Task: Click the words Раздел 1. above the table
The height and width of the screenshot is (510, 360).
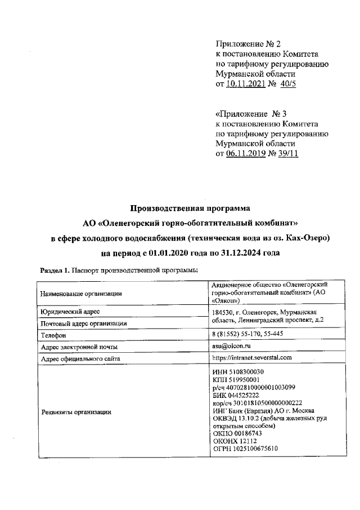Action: [54, 270]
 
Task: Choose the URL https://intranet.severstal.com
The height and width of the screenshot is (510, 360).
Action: [252, 357]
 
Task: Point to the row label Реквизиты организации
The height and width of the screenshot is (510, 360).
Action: [74, 413]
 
